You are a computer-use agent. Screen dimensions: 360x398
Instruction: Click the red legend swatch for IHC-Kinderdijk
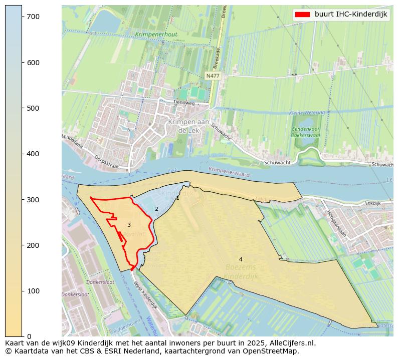coord(302,15)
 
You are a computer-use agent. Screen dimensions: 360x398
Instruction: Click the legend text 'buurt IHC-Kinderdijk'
coord(351,15)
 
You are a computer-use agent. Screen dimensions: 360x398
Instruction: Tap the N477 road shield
coord(213,76)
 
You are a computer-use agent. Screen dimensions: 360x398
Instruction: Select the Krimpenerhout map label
coord(156,35)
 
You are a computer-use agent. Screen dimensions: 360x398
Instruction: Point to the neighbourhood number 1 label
coord(177,198)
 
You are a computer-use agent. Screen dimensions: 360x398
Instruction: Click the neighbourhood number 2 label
coord(156,209)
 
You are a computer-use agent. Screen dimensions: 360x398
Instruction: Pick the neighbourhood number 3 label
coord(129,225)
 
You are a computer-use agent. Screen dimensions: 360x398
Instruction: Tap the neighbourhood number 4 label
coord(241,259)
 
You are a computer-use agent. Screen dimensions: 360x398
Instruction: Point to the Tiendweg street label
coord(183,102)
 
